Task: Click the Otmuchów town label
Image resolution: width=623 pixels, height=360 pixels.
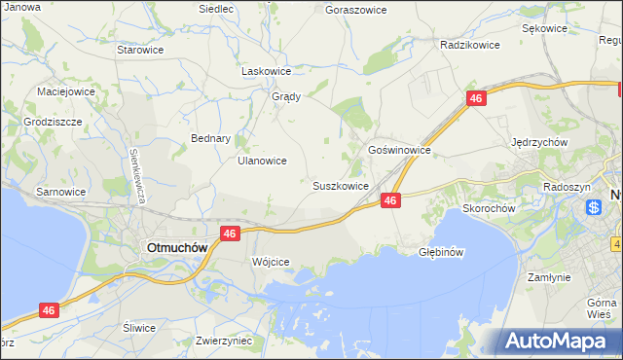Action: coord(176,247)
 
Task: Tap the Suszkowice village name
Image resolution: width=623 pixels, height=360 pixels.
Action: coord(340,185)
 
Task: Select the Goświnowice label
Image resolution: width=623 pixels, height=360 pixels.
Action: coord(399,151)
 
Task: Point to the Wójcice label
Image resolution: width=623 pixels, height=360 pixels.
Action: coord(271,263)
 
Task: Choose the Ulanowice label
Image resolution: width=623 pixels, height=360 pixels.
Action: coord(262,162)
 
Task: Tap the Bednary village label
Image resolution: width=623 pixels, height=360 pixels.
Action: coord(210,138)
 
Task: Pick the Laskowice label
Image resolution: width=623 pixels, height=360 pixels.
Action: coord(267,71)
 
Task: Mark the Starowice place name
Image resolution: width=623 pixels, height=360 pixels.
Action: coord(139,49)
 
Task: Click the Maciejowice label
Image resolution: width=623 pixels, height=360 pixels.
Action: coord(66,91)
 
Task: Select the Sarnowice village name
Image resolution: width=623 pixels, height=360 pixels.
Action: coord(60,192)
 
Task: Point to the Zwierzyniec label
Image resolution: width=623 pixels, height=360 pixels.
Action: coord(224,341)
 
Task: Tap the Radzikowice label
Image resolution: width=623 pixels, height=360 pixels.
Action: coord(469,45)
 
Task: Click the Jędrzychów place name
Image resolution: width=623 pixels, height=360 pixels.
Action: coord(539,141)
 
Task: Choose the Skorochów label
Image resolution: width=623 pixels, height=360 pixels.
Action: coord(489,208)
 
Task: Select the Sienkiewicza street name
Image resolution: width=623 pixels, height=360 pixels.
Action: coord(139,175)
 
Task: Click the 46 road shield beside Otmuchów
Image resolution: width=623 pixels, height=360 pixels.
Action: coord(230,234)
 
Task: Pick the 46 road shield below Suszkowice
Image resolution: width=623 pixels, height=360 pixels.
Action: coord(389,199)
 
